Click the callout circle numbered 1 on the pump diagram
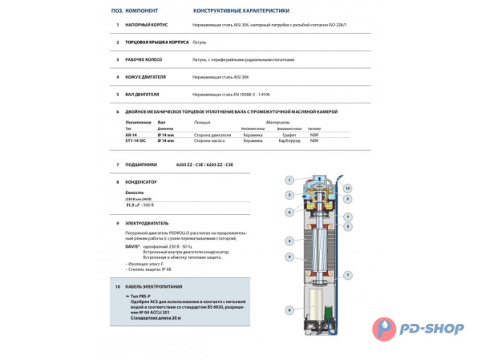tap(289, 180)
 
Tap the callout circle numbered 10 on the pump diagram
tap(347, 188)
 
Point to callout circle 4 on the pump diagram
tap(289, 241)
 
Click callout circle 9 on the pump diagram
tap(289, 257)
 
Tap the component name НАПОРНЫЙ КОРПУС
tap(145, 24)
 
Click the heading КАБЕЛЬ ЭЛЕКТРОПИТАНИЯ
tap(154, 286)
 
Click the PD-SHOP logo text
tap(438, 326)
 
